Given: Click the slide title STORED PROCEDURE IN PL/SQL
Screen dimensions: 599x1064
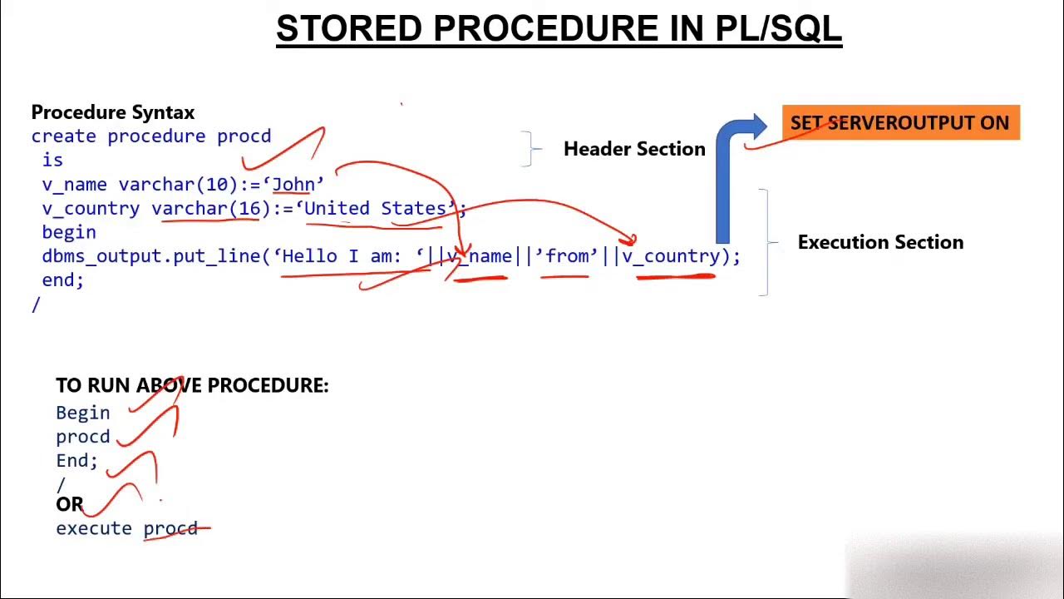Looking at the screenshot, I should [x=559, y=29].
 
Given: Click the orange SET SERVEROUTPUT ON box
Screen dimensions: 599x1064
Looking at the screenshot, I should [x=900, y=123].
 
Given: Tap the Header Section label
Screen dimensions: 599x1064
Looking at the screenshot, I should [x=633, y=150].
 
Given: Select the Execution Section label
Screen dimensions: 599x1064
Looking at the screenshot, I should [x=880, y=243].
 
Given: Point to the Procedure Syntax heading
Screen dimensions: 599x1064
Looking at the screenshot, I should [x=112, y=112].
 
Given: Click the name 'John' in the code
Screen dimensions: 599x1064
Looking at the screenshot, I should [x=293, y=185].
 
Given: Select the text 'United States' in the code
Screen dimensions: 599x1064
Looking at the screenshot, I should [x=375, y=209].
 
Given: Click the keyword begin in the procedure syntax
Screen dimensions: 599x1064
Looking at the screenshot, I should [x=68, y=233].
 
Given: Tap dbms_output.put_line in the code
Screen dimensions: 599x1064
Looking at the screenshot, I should [x=151, y=257].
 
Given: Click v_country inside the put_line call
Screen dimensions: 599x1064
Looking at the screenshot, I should [x=671, y=257].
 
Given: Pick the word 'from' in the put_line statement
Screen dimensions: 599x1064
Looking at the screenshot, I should [x=568, y=257].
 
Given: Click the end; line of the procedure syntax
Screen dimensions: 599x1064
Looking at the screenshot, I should [x=62, y=280].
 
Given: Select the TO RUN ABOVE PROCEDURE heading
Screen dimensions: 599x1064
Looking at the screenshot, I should [x=192, y=386].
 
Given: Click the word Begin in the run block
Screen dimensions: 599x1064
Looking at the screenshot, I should [x=82, y=413].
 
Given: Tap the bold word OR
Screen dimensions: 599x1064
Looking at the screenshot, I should [x=69, y=505].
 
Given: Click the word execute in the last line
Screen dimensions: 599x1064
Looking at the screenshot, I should [x=93, y=529].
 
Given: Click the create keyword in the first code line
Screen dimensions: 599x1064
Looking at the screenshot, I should [x=63, y=136].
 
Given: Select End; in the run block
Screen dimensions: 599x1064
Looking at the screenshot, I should [x=76, y=461].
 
